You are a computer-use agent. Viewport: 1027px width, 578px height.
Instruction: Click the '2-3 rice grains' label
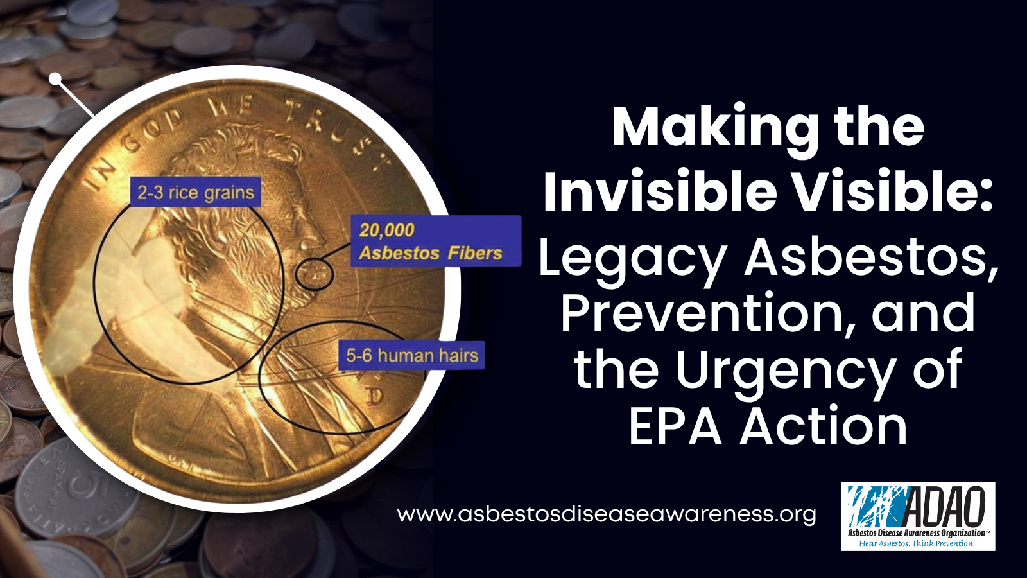[195, 192]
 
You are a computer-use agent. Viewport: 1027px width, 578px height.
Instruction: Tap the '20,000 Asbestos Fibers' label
[436, 241]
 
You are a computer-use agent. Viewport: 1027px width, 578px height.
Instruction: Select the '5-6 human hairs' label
[411, 356]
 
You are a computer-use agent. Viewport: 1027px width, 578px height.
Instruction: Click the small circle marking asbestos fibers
[315, 275]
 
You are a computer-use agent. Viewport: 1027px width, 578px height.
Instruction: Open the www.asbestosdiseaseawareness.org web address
[606, 514]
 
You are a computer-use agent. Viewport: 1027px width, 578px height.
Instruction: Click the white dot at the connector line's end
[55, 80]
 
